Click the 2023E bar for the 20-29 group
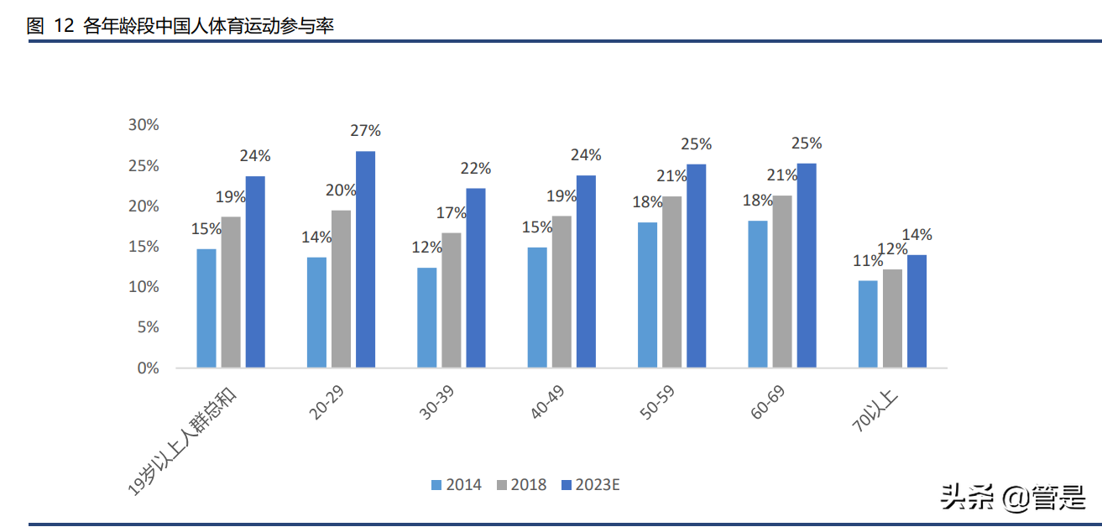(x=366, y=259)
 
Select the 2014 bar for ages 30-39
(x=427, y=317)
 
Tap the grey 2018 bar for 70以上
(x=892, y=318)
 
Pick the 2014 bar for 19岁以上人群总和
(x=206, y=308)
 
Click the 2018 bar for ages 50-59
(x=672, y=282)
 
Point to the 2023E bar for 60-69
(x=807, y=265)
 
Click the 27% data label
(x=366, y=130)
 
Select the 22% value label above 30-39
(x=476, y=169)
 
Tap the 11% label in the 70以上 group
(x=868, y=260)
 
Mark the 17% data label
(x=452, y=212)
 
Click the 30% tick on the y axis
(x=144, y=124)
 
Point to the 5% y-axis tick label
(x=148, y=326)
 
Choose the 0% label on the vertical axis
(x=148, y=368)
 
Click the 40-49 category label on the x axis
(x=547, y=402)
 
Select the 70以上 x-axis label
(x=875, y=410)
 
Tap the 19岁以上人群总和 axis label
(x=182, y=441)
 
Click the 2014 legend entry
(x=457, y=485)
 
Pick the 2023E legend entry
(x=591, y=485)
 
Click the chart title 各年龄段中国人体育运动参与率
(x=209, y=25)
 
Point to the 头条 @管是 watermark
(x=1013, y=498)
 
